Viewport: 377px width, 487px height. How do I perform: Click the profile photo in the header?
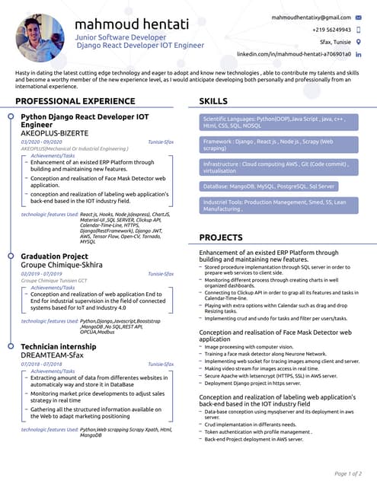[x=40, y=37]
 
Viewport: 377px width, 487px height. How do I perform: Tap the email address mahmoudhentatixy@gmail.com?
[x=311, y=16]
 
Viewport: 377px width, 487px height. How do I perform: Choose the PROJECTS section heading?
[x=220, y=237]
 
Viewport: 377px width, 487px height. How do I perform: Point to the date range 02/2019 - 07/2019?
[x=41, y=273]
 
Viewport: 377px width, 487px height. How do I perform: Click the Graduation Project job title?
[x=54, y=256]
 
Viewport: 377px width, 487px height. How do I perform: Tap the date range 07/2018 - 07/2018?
[x=41, y=364]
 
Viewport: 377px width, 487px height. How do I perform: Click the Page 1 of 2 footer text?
[x=348, y=473]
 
